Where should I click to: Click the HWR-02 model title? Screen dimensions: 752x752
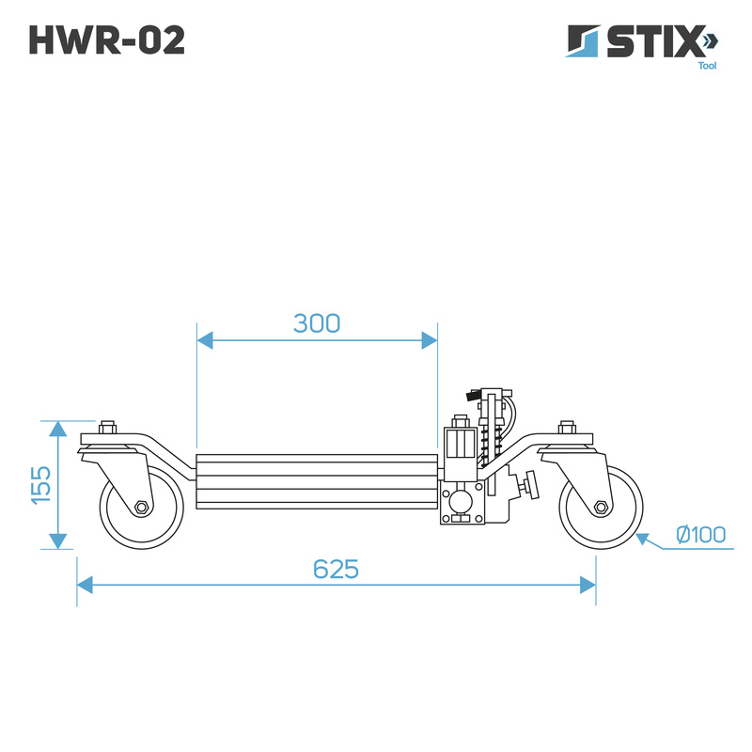click(107, 39)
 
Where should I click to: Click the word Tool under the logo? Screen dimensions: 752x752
click(707, 66)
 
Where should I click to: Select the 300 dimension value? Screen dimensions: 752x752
click(317, 323)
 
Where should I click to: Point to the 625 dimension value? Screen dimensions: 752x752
click(336, 570)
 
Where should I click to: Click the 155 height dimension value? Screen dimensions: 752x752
click(40, 485)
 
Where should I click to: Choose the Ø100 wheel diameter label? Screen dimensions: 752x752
click(700, 534)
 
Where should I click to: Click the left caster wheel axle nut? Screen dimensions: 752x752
click(141, 507)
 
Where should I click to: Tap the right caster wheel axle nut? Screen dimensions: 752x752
click(601, 507)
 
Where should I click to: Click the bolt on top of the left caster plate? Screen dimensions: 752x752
click(108, 427)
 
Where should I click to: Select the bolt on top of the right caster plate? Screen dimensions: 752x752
click(567, 427)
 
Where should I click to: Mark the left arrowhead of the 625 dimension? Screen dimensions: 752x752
click(85, 585)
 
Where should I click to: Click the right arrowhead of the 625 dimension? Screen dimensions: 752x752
click(588, 585)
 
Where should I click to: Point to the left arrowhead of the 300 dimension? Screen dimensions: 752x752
click(205, 340)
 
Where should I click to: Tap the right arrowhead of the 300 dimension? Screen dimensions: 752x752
click(430, 340)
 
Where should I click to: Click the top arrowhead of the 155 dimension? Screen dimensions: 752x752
click(58, 429)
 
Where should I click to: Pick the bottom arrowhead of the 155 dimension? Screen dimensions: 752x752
click(58, 541)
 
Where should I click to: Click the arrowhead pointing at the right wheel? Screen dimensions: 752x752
click(643, 539)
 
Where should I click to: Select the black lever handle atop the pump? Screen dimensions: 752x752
click(474, 396)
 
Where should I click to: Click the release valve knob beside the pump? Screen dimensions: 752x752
click(531, 485)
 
